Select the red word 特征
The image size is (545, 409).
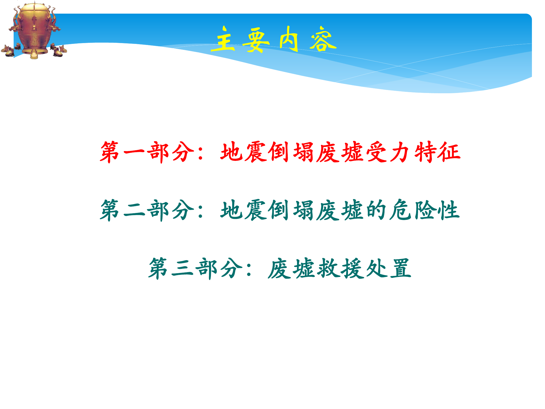click(437, 152)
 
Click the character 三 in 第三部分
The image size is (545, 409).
click(183, 269)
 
